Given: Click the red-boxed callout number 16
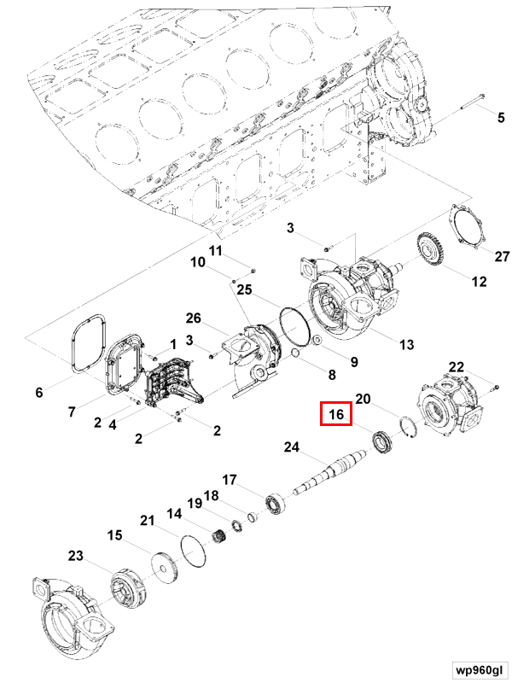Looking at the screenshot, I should tap(336, 415).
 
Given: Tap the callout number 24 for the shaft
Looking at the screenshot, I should tap(293, 447).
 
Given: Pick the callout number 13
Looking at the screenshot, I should tap(406, 344).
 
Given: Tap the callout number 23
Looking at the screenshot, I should tap(76, 556).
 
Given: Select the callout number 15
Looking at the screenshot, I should tap(115, 535).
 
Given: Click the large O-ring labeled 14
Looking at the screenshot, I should tap(195, 548).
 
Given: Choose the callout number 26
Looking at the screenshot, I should tap(193, 318).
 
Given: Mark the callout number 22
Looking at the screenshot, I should tap(457, 367).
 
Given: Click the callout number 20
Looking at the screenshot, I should tap(363, 399).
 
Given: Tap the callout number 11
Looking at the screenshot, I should tap(215, 250).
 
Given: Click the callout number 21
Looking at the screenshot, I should tap(147, 521).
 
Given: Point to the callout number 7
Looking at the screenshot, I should tap(73, 412).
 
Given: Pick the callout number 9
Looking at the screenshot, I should tap(353, 361).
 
